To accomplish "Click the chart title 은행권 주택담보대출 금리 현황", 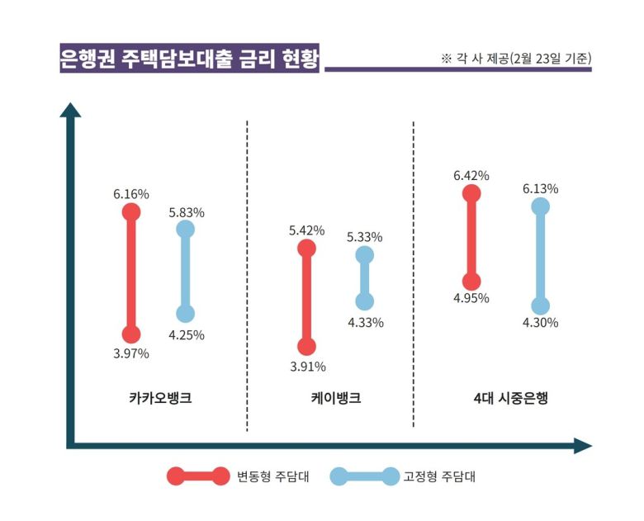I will pyautogui.click(x=189, y=59).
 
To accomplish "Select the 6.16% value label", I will pyautogui.click(x=131, y=194).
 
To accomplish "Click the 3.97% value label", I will pyautogui.click(x=131, y=353).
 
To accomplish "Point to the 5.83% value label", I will pyautogui.click(x=187, y=212).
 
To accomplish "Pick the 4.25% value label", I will pyautogui.click(x=187, y=334).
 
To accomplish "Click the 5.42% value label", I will pyautogui.click(x=307, y=230).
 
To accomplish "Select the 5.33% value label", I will pyautogui.click(x=365, y=237).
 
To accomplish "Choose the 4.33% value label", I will pyautogui.click(x=365, y=322).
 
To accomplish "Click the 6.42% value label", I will pyautogui.click(x=471, y=175).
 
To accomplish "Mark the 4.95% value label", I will pyautogui.click(x=471, y=298).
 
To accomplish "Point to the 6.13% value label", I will pyautogui.click(x=540, y=188).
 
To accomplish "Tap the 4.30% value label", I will pyautogui.click(x=540, y=323).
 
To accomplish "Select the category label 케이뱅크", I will pyautogui.click(x=330, y=398).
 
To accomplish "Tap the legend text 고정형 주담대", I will pyautogui.click(x=439, y=476).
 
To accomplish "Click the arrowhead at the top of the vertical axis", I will pyautogui.click(x=71, y=110).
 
